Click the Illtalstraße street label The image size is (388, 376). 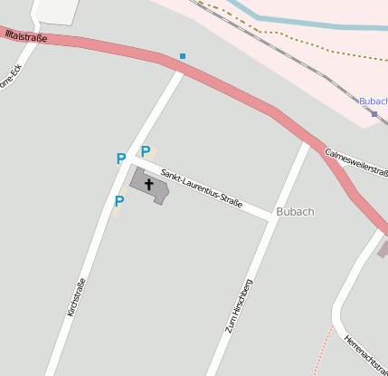pos(24,37)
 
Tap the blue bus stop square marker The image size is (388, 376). pos(183,56)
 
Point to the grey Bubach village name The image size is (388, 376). pos(296,212)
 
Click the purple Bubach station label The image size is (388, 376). pos(374,101)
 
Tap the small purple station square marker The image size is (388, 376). pos(374,114)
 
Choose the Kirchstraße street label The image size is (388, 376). pos(76,297)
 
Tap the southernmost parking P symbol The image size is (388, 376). pos(118,201)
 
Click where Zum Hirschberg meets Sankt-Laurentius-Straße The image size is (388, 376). pos(272,217)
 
